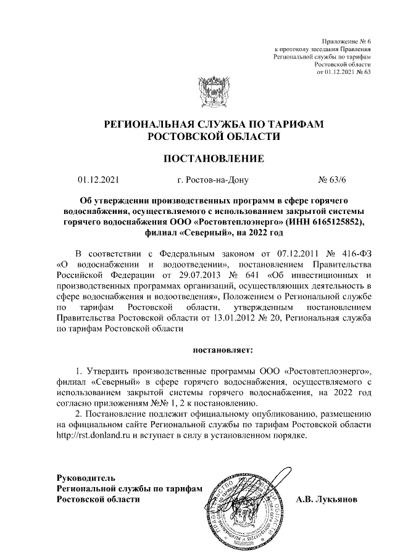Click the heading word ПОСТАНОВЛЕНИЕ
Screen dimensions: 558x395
(x=213, y=159)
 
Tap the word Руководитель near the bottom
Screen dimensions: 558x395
(x=85, y=477)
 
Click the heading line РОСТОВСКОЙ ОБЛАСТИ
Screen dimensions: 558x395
(x=213, y=136)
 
